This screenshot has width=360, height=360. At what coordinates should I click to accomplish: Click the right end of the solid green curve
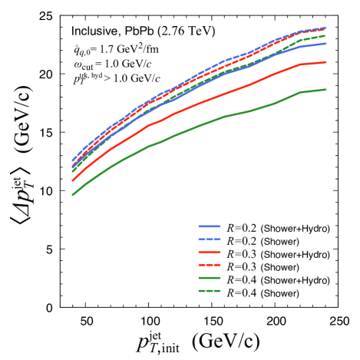[x=326, y=89]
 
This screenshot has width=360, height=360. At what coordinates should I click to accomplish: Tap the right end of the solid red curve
[x=326, y=62]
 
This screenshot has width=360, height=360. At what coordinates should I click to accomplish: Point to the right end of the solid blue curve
[x=326, y=43]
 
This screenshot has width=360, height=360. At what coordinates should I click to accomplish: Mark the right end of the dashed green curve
[x=326, y=35]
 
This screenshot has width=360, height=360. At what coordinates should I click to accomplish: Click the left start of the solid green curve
[x=73, y=195]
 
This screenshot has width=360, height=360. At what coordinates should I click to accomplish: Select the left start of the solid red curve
[x=73, y=180]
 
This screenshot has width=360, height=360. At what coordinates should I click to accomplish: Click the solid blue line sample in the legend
[x=210, y=228]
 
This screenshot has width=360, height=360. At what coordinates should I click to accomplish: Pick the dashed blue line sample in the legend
[x=210, y=241]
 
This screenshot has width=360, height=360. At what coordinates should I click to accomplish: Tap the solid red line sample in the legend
[x=210, y=254]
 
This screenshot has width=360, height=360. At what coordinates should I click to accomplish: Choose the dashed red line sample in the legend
[x=210, y=267]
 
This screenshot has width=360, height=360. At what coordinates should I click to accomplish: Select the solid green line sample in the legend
[x=210, y=280]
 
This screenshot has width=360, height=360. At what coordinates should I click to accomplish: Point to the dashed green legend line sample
[x=210, y=293]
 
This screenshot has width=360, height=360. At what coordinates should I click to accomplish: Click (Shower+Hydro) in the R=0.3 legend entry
[x=296, y=254]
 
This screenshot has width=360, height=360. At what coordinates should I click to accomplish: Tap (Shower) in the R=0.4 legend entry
[x=279, y=293]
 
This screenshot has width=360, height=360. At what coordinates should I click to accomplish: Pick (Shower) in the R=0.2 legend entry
[x=279, y=241]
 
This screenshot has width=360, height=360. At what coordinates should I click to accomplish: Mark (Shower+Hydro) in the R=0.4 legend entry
[x=296, y=280]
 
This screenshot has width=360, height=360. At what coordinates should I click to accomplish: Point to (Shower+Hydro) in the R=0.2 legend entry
[x=296, y=228]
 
